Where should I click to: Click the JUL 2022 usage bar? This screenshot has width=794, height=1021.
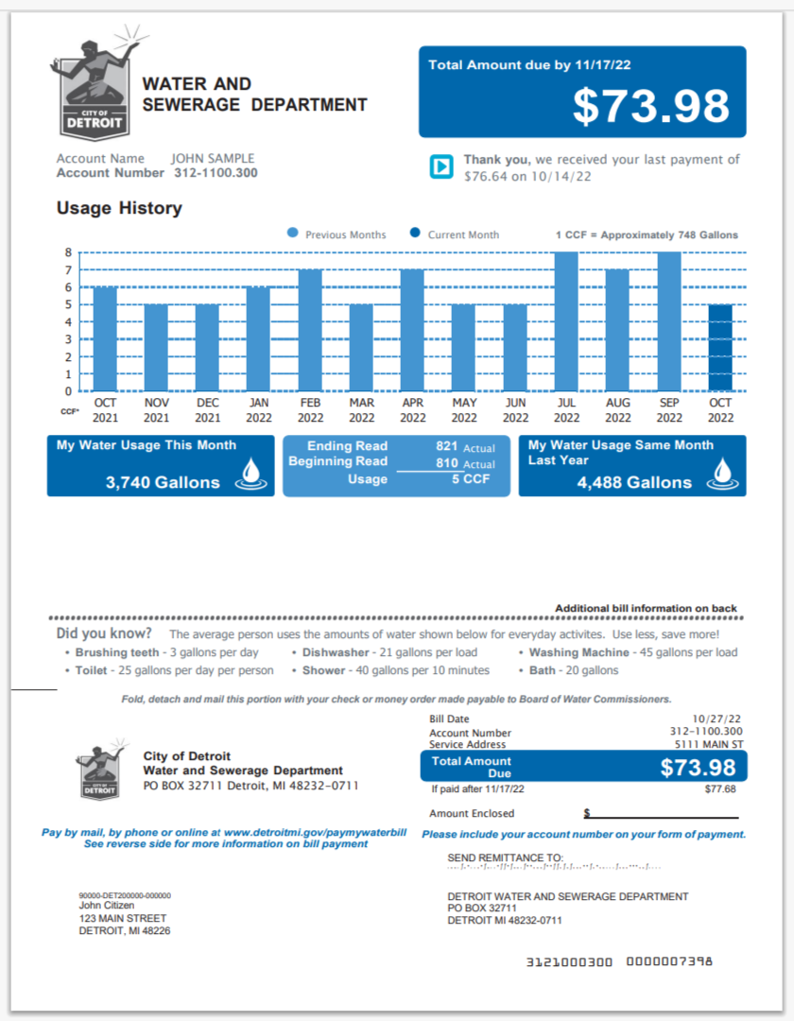point(567,321)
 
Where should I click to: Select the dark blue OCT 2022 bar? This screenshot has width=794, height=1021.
point(720,348)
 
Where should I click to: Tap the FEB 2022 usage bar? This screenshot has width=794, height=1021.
point(310,330)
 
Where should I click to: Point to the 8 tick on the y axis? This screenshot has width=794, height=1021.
point(68,252)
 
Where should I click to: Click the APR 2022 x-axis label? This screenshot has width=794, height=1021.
point(413,410)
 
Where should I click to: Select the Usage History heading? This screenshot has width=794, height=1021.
point(119,208)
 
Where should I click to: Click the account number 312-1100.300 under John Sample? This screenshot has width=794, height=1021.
point(216,173)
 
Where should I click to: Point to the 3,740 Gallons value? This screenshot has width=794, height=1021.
point(163,482)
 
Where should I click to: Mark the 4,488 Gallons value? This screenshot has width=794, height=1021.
point(634,482)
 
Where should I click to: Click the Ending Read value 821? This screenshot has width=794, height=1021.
point(447,446)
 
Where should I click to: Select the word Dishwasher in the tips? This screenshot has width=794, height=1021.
point(336,652)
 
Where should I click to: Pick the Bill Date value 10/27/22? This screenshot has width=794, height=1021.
point(717,719)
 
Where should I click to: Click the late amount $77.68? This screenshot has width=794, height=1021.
point(719,788)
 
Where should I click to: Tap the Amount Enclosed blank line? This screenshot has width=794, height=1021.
point(662,815)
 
